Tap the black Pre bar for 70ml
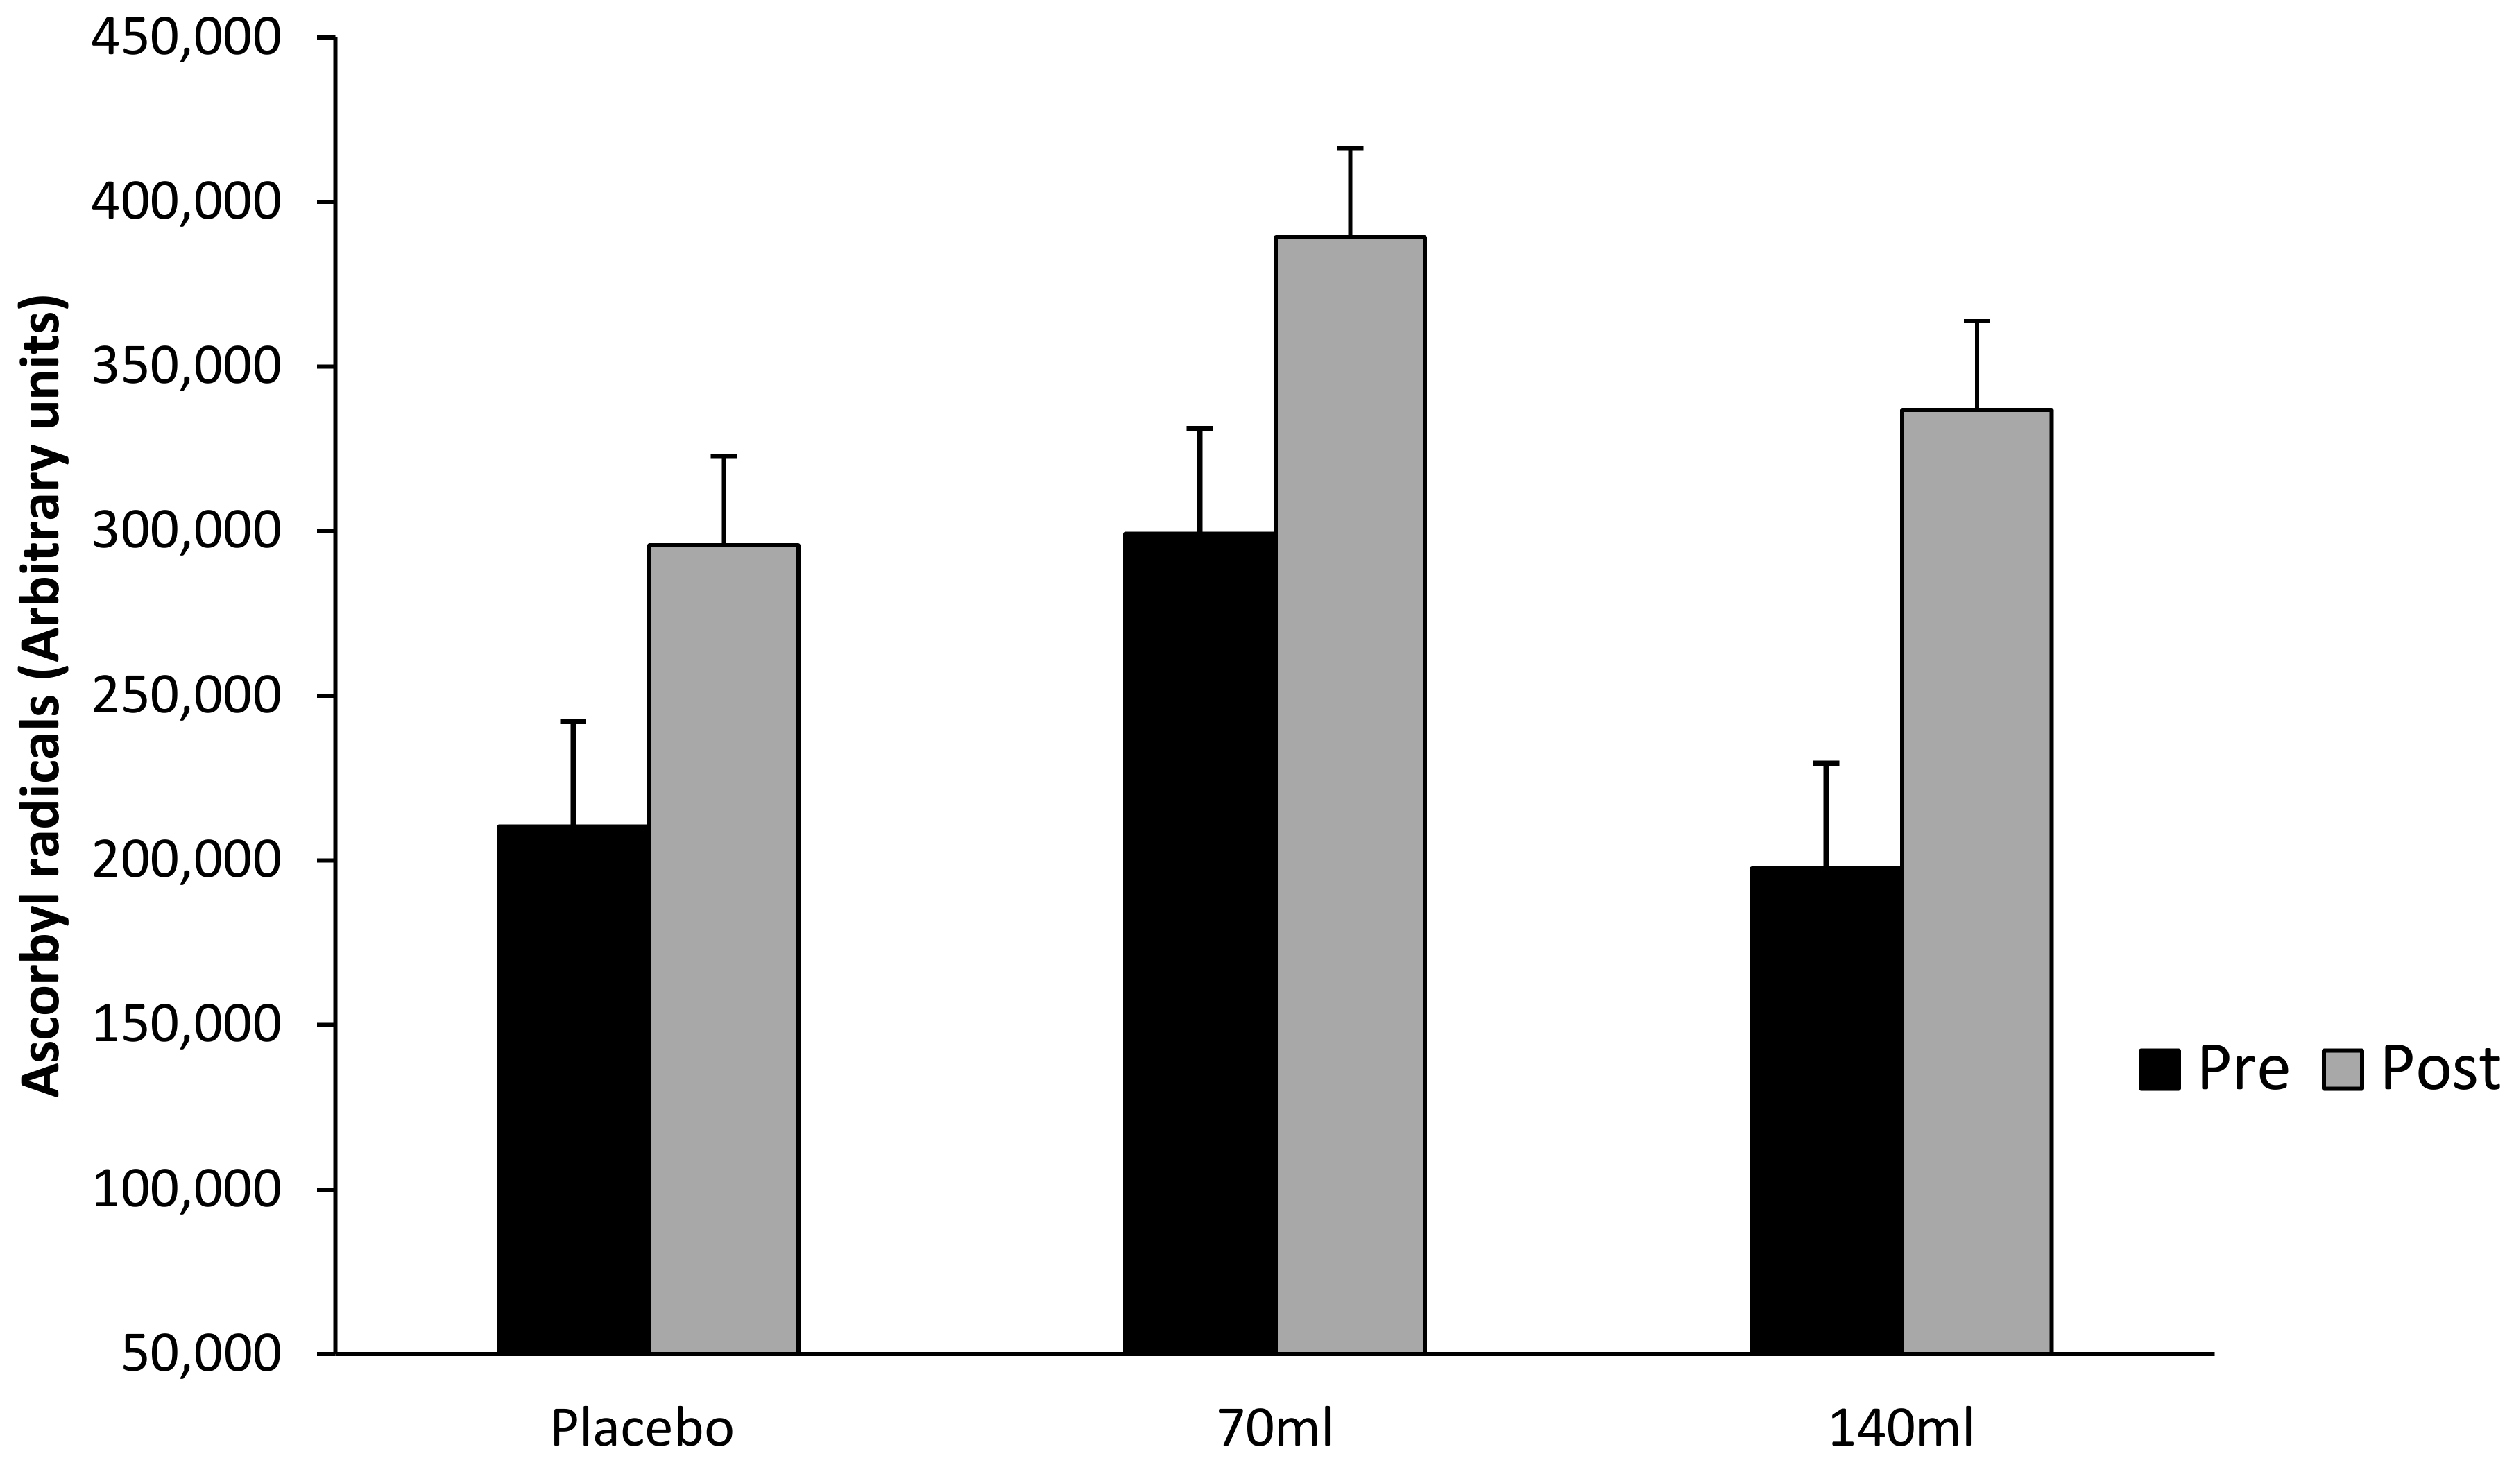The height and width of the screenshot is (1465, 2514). click(x=1199, y=943)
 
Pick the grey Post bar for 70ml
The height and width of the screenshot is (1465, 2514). click(x=1350, y=795)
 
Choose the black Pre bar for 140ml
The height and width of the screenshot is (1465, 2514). click(x=1826, y=1110)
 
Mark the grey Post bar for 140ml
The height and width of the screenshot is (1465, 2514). click(x=1976, y=881)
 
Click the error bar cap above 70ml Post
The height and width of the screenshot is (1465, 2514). click(x=1350, y=148)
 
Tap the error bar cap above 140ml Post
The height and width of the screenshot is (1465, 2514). click(x=1976, y=321)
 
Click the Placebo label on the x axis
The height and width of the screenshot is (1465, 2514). click(x=642, y=1429)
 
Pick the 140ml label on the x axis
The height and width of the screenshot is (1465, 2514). click(x=1901, y=1429)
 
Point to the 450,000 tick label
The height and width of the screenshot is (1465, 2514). click(x=185, y=40)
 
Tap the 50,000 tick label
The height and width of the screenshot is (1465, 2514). click(x=200, y=1354)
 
